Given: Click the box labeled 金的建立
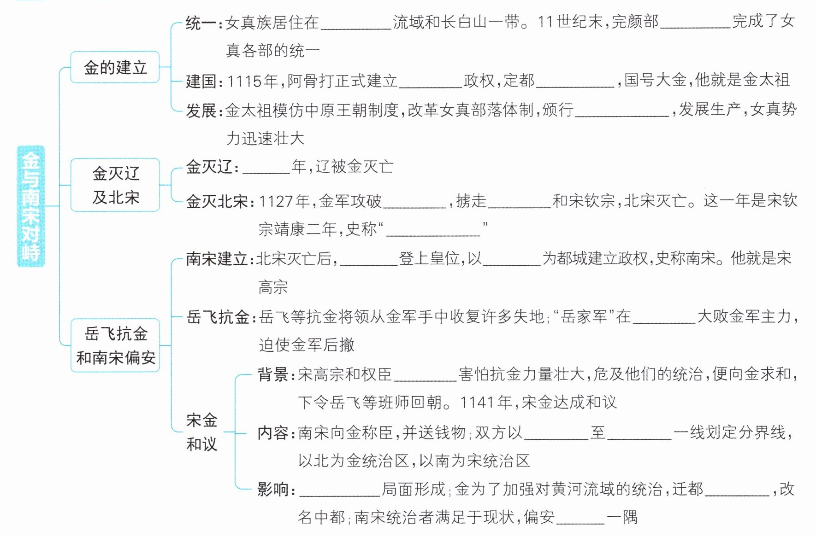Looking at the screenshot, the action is tap(115, 67).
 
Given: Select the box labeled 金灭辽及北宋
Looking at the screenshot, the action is tap(115, 185).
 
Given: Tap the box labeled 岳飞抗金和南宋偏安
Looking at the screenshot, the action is tap(115, 345).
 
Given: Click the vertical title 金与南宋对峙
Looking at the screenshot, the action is tap(30, 206).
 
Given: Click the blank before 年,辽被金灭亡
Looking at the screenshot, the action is tap(266, 168).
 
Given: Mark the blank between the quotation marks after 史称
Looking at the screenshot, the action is tap(433, 230).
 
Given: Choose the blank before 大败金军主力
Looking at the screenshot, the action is tap(664, 317).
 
